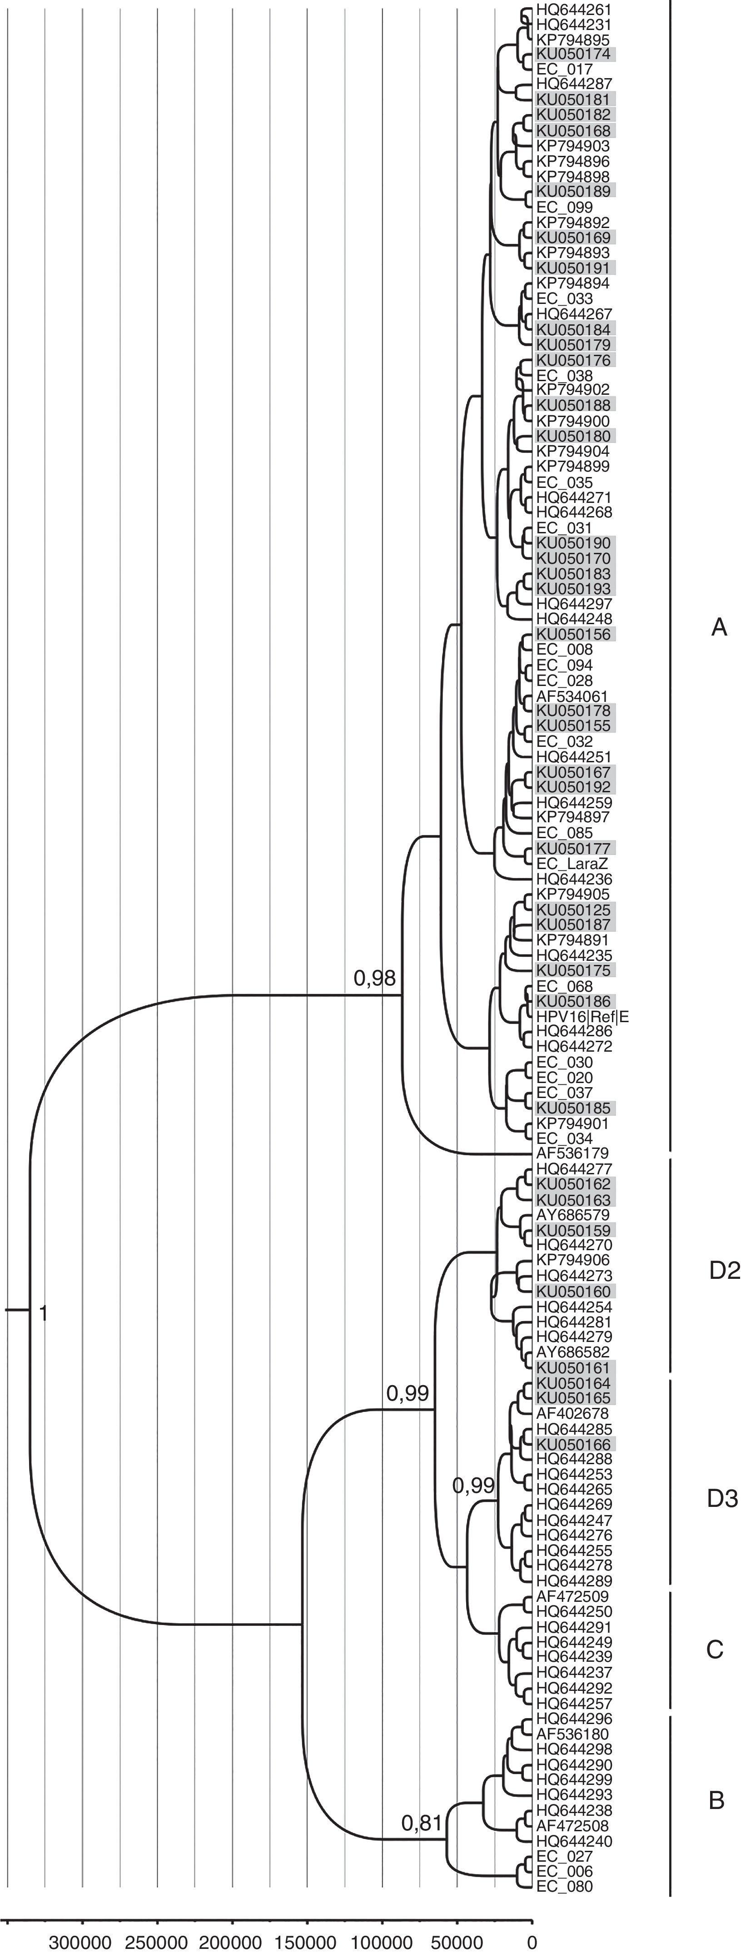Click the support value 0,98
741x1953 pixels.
coord(375,978)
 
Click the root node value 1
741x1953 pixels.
coord(43,1313)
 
